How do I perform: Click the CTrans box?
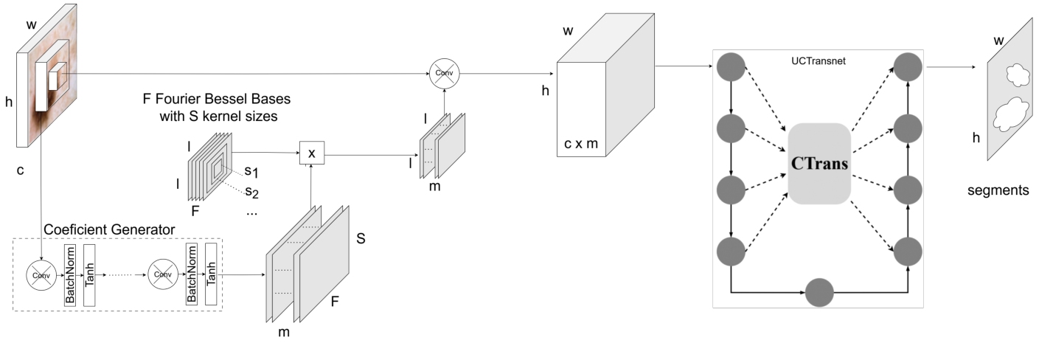(x=819, y=163)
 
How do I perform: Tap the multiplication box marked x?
(x=311, y=153)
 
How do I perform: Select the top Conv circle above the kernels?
(x=444, y=72)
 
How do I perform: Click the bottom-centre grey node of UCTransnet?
(x=819, y=292)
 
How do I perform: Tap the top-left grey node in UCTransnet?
(x=730, y=66)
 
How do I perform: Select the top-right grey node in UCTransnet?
(x=908, y=66)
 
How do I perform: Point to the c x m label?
(x=581, y=145)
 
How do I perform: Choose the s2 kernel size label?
(x=252, y=193)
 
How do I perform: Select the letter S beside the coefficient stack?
(x=360, y=240)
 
